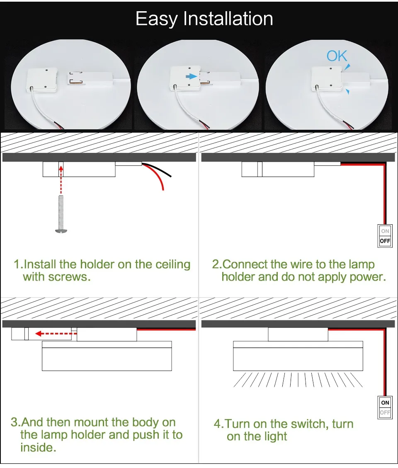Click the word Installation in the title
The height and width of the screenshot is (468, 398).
[228, 19]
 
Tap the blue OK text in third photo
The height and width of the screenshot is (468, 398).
[337, 56]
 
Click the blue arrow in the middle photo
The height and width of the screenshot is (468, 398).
[191, 76]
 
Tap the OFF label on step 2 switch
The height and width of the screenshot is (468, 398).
[385, 241]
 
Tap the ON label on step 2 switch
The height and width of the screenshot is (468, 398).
[385, 231]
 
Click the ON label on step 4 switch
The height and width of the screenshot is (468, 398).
[385, 403]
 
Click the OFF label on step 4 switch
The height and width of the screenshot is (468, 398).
[385, 412]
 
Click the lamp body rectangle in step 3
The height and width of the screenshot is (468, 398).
[107, 359]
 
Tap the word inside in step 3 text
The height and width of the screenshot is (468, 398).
[38, 448]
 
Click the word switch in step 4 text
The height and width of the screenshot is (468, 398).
[306, 424]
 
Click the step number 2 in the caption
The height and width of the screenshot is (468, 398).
[216, 264]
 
